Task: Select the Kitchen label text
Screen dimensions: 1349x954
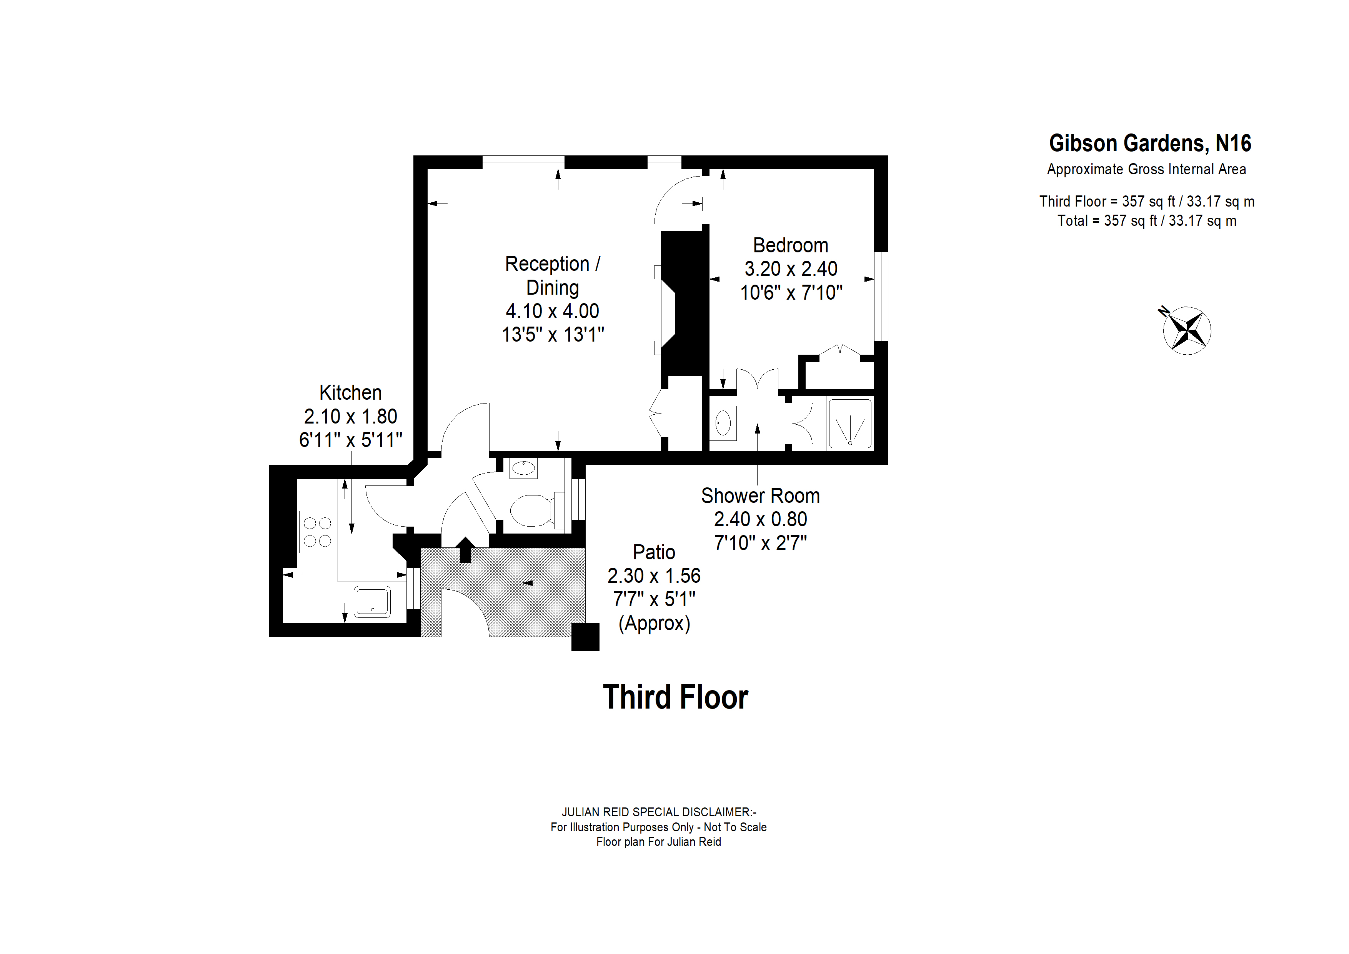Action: (x=350, y=393)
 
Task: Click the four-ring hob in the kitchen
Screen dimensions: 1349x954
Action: (x=317, y=531)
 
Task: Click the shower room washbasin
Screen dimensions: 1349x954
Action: (x=723, y=423)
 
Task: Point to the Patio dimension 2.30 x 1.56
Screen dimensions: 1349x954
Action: (x=654, y=575)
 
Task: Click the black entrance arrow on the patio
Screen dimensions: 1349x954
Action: (x=465, y=550)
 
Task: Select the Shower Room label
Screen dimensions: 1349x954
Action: (x=760, y=495)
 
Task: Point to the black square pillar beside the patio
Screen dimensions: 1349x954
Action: (x=585, y=637)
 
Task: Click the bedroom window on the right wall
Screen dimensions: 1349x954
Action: (x=881, y=296)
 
